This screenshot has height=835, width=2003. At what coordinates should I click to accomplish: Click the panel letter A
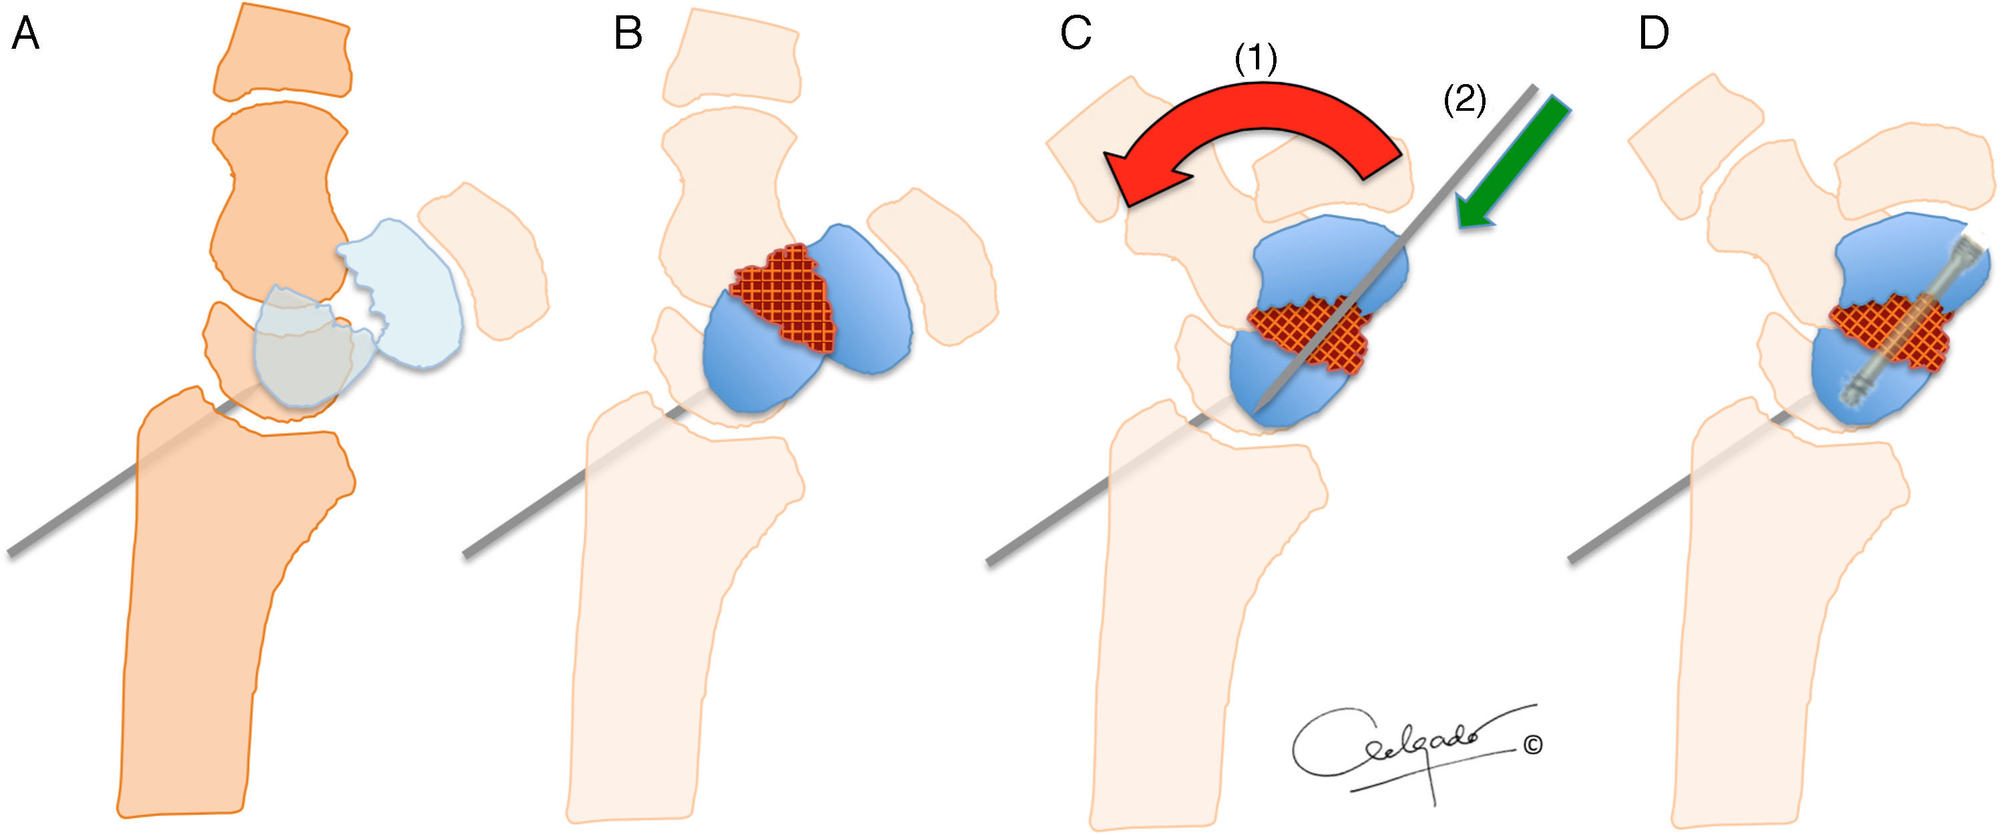(x=25, y=35)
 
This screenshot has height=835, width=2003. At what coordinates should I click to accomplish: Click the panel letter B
(x=628, y=35)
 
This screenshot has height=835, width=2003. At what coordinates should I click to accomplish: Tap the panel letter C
(x=1076, y=35)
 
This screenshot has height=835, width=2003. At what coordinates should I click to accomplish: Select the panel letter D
(x=1653, y=35)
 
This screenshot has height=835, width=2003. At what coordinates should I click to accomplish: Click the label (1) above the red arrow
(x=1256, y=59)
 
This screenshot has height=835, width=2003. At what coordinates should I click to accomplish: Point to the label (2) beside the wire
(x=1465, y=101)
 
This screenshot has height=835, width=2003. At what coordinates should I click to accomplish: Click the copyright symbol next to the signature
(x=1532, y=746)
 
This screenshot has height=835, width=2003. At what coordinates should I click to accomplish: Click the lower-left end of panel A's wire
(x=11, y=553)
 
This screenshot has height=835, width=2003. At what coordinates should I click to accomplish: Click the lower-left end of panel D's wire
(x=1572, y=559)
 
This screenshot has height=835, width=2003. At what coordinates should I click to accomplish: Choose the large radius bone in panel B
(x=669, y=607)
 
